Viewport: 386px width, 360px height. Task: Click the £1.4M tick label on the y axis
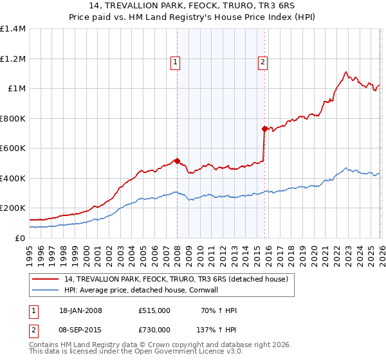13,29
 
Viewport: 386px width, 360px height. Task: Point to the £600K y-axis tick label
13,148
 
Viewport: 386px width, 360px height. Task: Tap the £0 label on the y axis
20,238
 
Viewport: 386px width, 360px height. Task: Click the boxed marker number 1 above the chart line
175,62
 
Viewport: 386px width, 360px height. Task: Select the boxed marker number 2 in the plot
263,62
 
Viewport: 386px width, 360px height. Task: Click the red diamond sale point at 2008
177,161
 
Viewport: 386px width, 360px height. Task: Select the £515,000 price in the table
154,311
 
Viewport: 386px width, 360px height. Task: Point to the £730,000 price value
154,329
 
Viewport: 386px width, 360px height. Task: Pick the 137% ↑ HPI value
216,329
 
